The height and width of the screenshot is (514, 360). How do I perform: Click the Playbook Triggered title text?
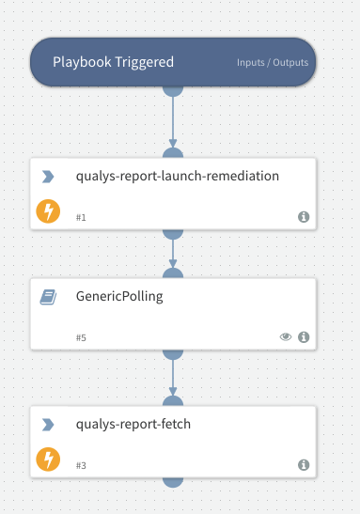point(113,63)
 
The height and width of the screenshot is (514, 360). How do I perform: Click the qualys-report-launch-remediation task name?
point(177,176)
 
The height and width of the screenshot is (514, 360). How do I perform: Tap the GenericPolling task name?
point(119,296)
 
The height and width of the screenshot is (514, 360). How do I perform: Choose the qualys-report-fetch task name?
point(133,424)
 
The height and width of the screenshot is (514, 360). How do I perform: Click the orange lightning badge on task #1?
point(48,211)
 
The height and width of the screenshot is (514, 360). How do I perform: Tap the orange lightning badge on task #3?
point(48,459)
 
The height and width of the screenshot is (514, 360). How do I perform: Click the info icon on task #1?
point(304,217)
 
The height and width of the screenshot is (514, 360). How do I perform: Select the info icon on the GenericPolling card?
point(304,337)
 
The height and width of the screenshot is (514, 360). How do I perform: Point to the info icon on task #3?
point(304,465)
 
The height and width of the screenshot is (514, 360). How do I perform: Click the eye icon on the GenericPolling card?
point(286,337)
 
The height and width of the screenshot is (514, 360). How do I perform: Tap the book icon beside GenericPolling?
point(48,297)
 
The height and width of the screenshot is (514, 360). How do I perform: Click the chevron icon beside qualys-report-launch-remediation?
point(48,176)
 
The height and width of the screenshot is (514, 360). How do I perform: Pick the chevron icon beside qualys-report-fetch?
point(48,425)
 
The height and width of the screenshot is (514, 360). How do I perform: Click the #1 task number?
point(81,217)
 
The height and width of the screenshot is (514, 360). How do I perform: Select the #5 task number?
point(81,337)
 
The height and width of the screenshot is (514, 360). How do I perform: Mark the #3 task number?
point(81,465)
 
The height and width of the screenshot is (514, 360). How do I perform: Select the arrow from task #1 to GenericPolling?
point(173,249)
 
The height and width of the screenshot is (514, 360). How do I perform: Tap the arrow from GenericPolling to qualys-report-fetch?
point(173,376)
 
